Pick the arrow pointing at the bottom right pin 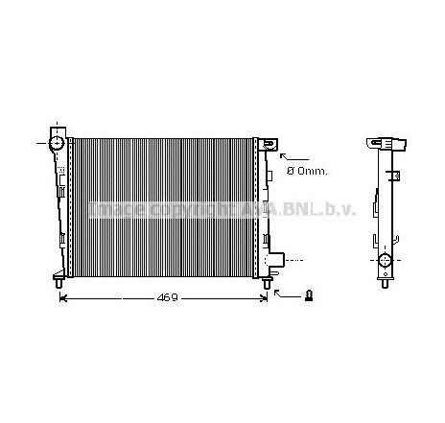(283, 294)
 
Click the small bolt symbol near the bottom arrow (308, 294)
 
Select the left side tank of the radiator (61, 206)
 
